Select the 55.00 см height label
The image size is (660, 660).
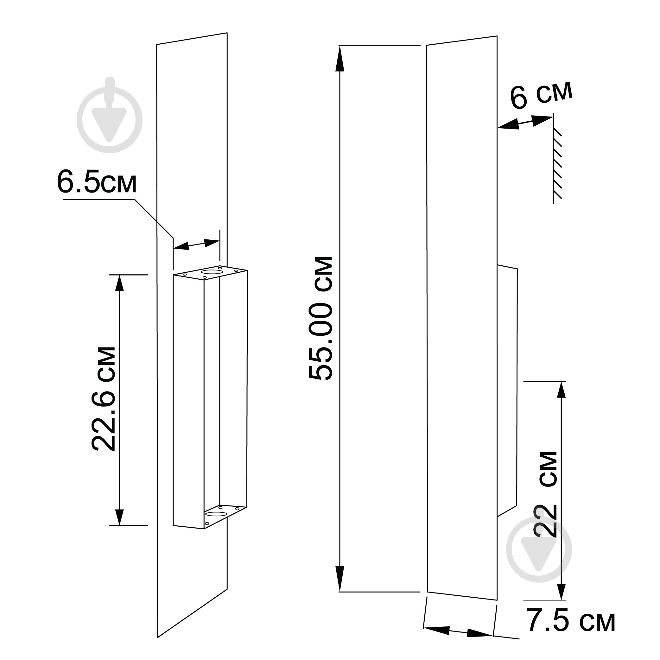[320, 318]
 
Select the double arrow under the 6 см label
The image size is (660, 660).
[525, 123]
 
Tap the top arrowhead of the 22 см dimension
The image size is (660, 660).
[561, 390]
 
